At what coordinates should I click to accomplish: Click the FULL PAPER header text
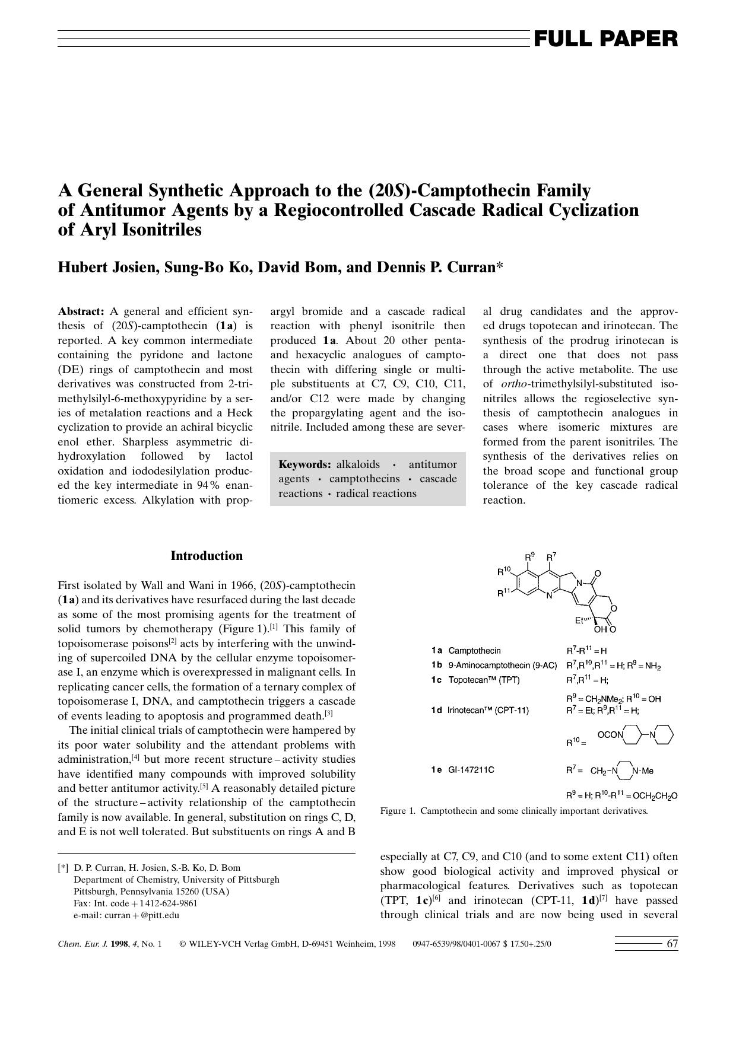pyautogui.click(x=605, y=39)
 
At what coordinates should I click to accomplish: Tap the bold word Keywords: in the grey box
pyautogui.click(x=304, y=464)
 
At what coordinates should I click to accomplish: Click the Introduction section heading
pyautogui.click(x=207, y=556)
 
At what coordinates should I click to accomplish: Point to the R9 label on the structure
pyautogui.click(x=530, y=557)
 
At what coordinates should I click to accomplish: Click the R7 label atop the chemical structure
pyautogui.click(x=551, y=557)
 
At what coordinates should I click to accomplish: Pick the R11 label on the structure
pyautogui.click(x=504, y=592)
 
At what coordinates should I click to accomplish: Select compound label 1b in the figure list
pyautogui.click(x=437, y=666)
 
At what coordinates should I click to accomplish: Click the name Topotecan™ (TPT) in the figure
pyautogui.click(x=484, y=680)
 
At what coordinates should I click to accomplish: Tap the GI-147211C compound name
pyautogui.click(x=471, y=770)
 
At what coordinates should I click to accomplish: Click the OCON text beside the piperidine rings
pyautogui.click(x=610, y=735)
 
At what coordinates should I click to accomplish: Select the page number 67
pyautogui.click(x=672, y=944)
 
